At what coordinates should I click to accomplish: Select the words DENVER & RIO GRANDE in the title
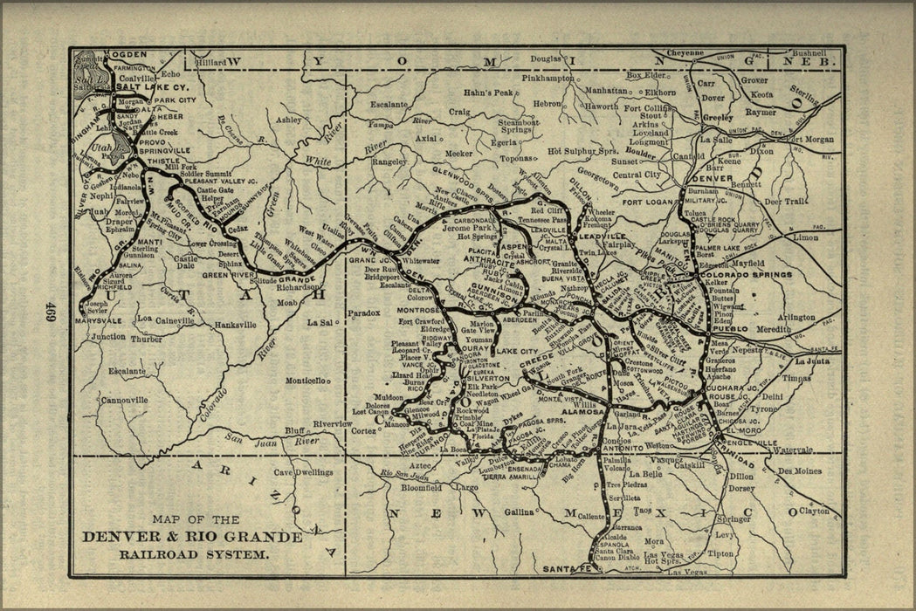[x=191, y=536]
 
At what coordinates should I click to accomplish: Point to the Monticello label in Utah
[x=305, y=381]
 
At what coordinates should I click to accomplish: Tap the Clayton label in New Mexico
[x=814, y=511]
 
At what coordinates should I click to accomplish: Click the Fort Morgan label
[x=811, y=139]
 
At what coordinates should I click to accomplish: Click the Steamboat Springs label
[x=518, y=127]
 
